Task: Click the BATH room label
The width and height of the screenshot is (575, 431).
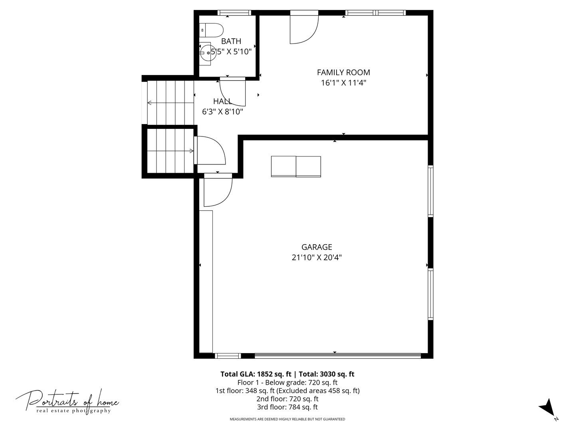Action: [x=231, y=41]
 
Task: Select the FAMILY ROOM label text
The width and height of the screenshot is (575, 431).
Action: [x=343, y=72]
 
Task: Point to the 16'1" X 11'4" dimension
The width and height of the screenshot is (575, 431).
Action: [x=343, y=83]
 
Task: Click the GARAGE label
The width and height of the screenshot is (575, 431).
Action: [x=317, y=247]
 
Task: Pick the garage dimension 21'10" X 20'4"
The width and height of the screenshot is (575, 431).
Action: [x=317, y=258]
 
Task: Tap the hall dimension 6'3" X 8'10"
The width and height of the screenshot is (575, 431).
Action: [x=222, y=112]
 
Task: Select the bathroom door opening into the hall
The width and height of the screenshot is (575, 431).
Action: [x=232, y=92]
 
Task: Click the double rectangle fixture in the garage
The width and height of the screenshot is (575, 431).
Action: [x=296, y=166]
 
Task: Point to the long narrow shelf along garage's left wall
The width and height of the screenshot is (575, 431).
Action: [x=206, y=281]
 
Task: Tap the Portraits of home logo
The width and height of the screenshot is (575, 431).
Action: [x=67, y=401]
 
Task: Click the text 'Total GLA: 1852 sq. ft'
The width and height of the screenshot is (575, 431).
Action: [x=256, y=374]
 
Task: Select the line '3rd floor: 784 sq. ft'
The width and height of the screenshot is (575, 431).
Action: [x=287, y=407]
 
